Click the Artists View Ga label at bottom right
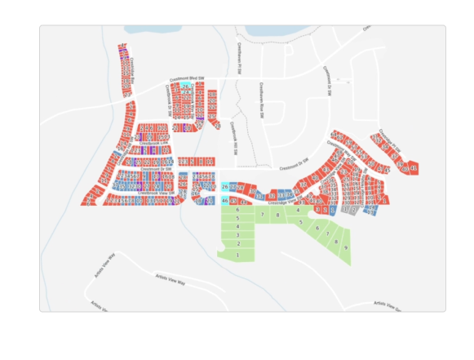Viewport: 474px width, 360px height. point(388,304)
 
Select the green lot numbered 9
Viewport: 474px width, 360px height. point(346,247)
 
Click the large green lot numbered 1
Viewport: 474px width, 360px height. point(237,255)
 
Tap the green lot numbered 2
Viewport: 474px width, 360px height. point(237,243)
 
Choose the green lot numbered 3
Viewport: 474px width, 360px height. point(237,234)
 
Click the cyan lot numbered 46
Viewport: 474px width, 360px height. point(225,200)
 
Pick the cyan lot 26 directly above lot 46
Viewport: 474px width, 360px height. point(225,188)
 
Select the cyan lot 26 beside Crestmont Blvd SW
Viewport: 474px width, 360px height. point(186,87)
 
